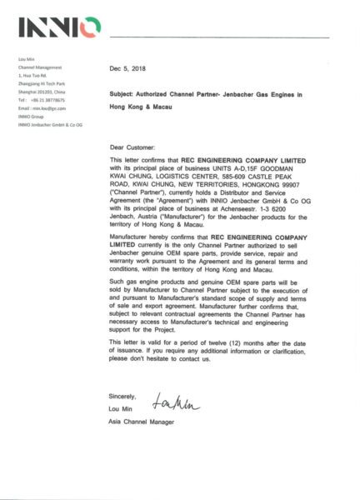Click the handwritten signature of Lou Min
point(177,406)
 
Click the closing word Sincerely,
point(122,395)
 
